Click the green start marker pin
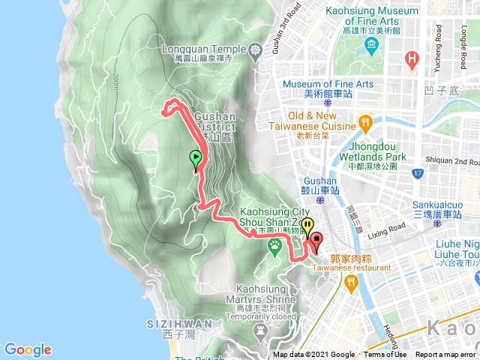[x=196, y=159]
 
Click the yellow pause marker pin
[x=309, y=227]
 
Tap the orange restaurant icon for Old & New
[x=365, y=121]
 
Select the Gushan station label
[x=320, y=186]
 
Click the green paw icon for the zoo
[x=276, y=245]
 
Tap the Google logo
[x=28, y=349]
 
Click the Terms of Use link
[x=385, y=355]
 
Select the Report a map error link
[x=445, y=355]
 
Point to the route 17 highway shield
[x=417, y=174]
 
